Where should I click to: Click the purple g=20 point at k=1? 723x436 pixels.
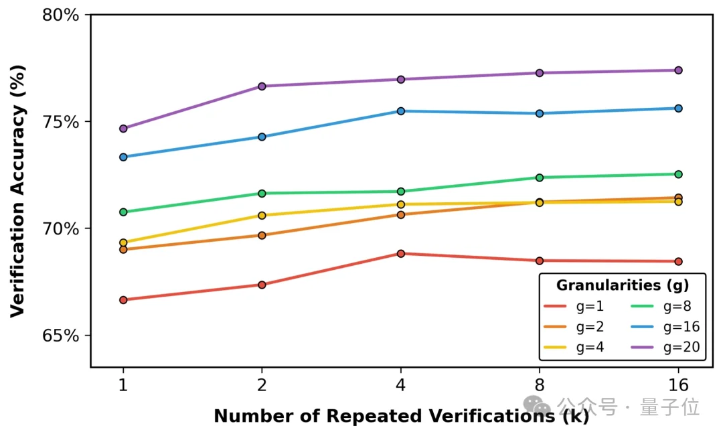[x=123, y=129]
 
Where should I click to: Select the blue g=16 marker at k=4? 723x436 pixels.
[x=401, y=111]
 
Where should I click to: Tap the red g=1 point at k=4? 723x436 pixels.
[x=401, y=254]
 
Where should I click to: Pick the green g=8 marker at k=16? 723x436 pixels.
[x=678, y=174]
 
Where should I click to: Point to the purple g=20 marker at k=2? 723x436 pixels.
[x=262, y=86]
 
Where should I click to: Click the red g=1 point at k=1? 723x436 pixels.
[x=123, y=300]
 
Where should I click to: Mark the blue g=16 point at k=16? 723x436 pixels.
[x=678, y=108]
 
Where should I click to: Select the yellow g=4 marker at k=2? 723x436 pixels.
[x=262, y=216]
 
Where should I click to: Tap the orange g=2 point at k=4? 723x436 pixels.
[x=401, y=215]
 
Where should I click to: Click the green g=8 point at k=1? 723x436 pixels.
[x=123, y=212]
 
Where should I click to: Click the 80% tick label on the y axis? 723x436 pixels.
[x=61, y=15]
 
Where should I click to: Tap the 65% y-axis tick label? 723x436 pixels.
[x=61, y=336]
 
